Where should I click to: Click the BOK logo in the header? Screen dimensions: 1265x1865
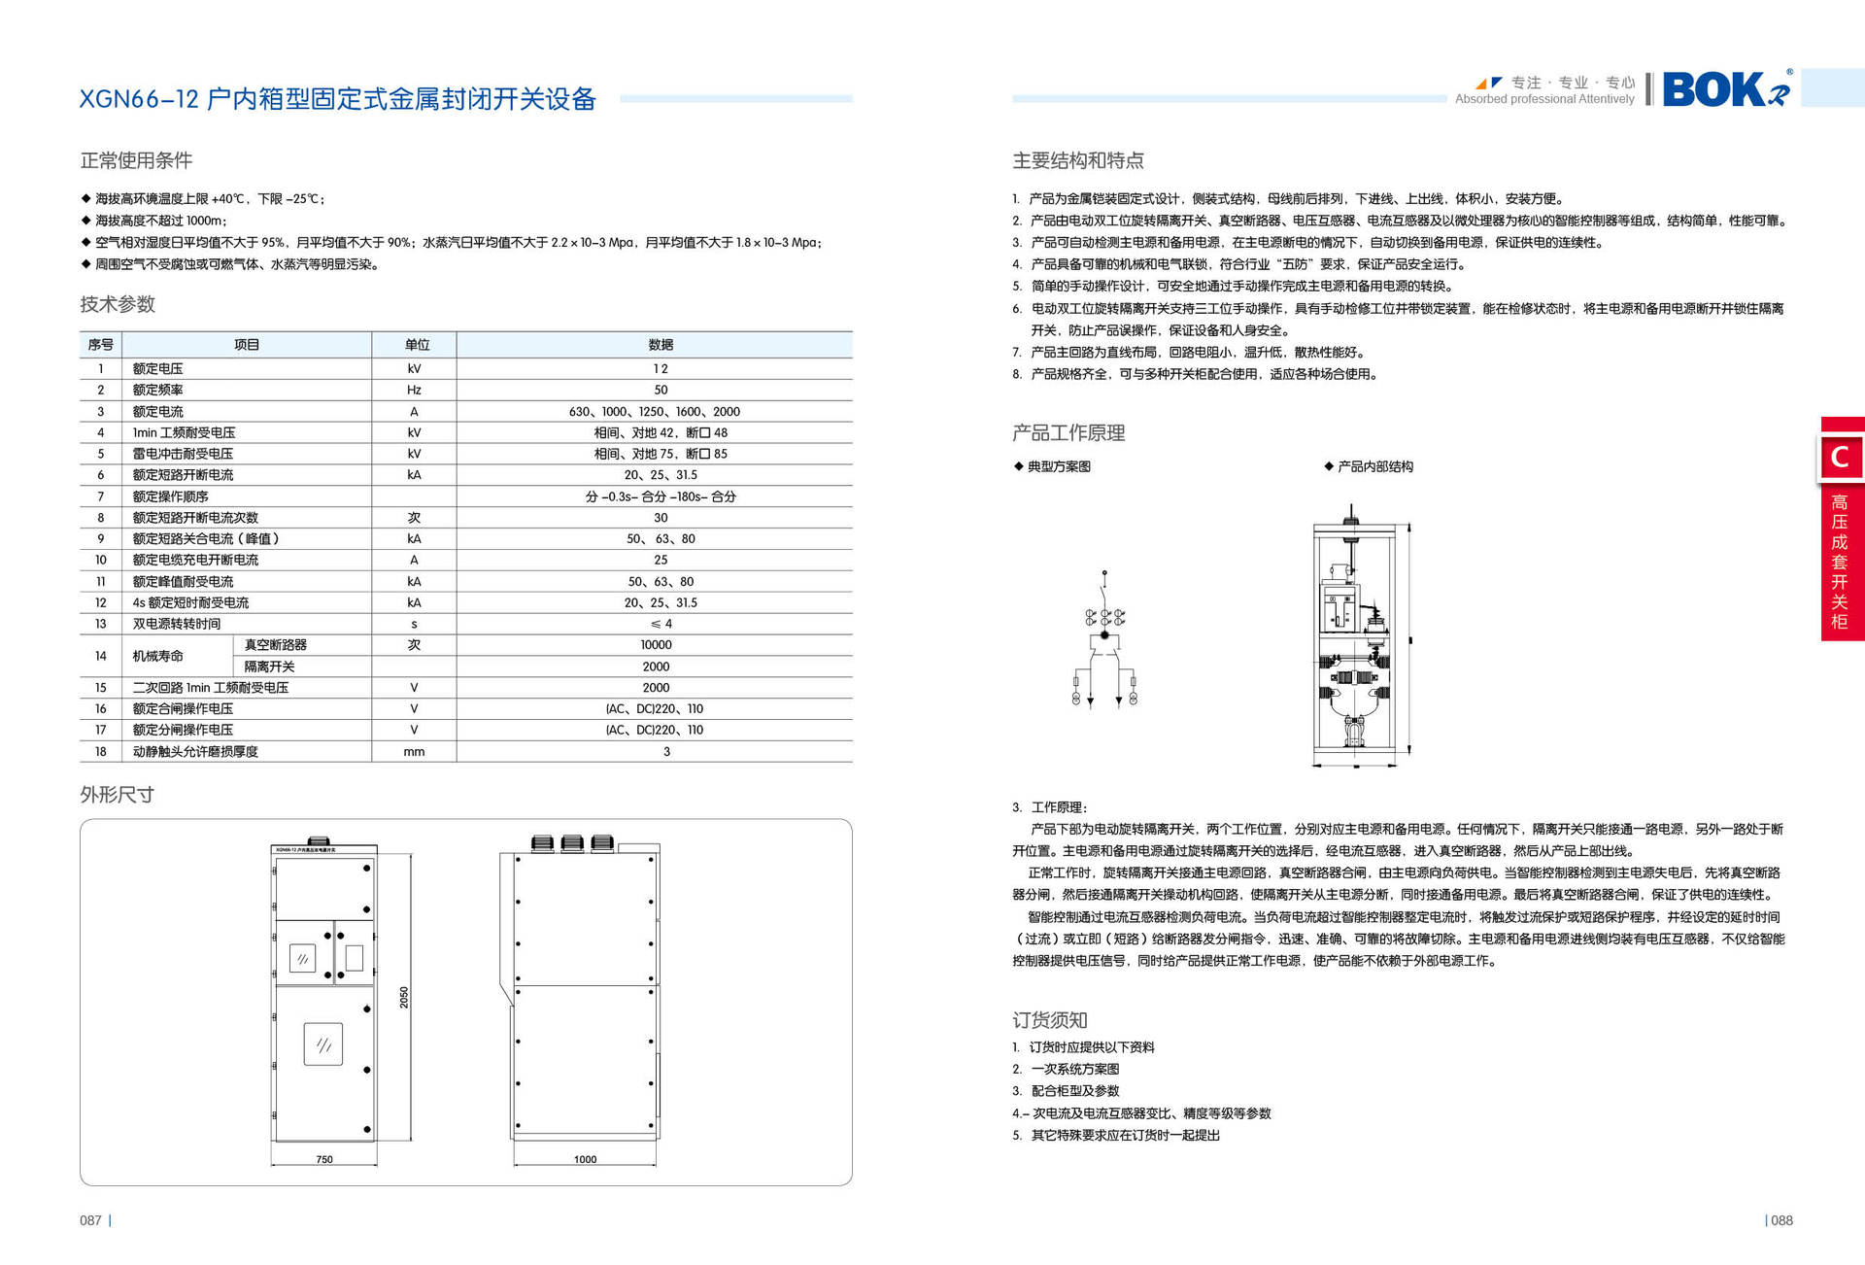coord(1724,89)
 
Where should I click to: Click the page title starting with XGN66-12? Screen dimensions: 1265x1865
coord(337,99)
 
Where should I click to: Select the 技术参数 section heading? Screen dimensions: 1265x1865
coord(118,304)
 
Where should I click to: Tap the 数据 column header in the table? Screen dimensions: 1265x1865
coord(661,345)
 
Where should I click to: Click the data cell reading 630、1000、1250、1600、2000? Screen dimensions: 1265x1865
coord(654,412)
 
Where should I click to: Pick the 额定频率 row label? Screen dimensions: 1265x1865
coord(158,390)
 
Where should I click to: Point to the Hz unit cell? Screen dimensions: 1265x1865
coord(414,390)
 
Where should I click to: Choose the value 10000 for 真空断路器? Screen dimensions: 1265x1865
coord(656,645)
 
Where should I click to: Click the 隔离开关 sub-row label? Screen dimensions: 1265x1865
coord(269,667)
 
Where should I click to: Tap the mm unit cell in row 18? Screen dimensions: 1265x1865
coord(414,751)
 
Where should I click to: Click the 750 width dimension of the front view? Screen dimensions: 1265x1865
coord(324,1159)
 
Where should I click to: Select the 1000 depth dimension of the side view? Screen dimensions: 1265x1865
coord(585,1159)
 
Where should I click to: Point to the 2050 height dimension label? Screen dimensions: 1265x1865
coord(404,997)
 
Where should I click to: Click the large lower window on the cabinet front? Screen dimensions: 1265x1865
coord(322,1044)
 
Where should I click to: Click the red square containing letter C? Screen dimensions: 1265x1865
coord(1840,457)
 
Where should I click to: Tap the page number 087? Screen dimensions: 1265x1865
coord(90,1220)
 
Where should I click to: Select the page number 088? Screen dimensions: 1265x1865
coord(1781,1220)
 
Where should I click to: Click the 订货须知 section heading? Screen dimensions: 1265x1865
coord(1049,1020)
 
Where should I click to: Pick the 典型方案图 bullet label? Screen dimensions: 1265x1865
coord(1058,466)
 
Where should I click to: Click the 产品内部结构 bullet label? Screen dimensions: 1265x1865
coord(1374,466)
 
